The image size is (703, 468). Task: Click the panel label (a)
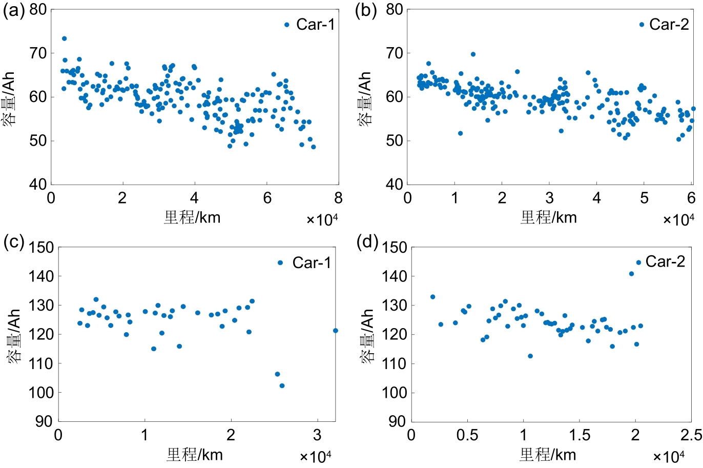coord(13,11)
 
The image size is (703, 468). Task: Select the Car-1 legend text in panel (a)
coord(315,25)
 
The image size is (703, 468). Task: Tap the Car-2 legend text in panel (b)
coord(669,24)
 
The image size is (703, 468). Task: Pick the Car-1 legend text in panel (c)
coord(312,263)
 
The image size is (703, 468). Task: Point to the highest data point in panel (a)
coord(64,38)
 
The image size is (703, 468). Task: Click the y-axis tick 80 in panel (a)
coord(38,10)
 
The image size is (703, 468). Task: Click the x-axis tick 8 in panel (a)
coord(338,198)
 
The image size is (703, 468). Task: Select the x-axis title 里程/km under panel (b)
coord(548,217)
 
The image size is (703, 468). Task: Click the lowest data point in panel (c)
coord(282,385)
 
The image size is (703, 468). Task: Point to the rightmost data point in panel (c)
coord(336,331)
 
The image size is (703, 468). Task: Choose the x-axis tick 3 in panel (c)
coord(318,435)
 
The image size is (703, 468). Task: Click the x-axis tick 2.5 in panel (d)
coord(691,435)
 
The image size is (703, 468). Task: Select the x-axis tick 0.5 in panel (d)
coord(467,435)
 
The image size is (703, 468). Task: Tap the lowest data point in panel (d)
coord(530,356)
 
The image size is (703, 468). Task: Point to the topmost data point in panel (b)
coord(473,54)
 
